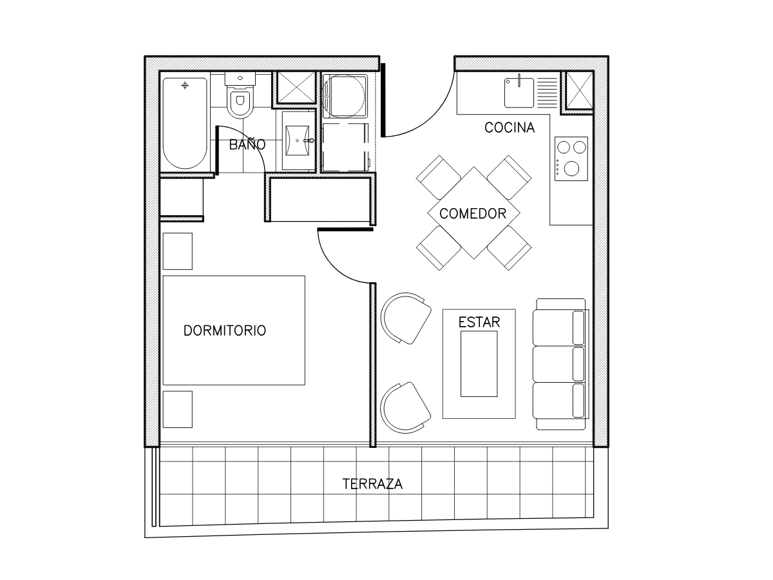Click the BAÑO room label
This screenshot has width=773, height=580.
[247, 144]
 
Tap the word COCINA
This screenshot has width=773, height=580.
[510, 128]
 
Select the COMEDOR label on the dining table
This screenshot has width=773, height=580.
[473, 213]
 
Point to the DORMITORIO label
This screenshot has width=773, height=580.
[225, 331]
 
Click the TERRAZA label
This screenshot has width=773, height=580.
[372, 484]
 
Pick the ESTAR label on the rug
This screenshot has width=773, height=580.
[479, 322]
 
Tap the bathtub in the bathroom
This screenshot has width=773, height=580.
[185, 123]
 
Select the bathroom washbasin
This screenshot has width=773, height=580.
[298, 140]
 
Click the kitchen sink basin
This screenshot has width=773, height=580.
[519, 93]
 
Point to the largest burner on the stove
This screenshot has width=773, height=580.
[571, 168]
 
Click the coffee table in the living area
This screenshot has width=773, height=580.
[479, 363]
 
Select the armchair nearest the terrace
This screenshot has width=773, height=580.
[405, 407]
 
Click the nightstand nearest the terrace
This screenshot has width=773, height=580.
[178, 409]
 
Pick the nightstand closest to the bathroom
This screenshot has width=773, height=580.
[178, 251]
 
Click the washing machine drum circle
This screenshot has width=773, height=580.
[344, 96]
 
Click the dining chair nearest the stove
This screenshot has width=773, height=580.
[510, 177]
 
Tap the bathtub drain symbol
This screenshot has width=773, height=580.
[185, 85]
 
